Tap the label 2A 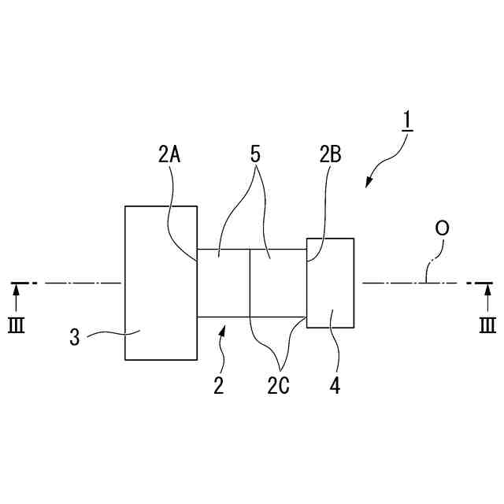click(x=169, y=154)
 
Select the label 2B click(x=330, y=154)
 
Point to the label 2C click(x=277, y=387)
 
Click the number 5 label click(x=255, y=153)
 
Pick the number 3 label click(x=75, y=338)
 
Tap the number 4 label click(x=335, y=386)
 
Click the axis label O click(x=443, y=228)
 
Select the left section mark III click(x=16, y=324)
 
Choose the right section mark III click(x=487, y=324)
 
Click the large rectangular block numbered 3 click(x=161, y=283)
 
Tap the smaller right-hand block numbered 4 click(x=331, y=282)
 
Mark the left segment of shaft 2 click(x=223, y=283)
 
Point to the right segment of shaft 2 click(x=277, y=283)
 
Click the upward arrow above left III click(x=16, y=298)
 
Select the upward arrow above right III click(x=487, y=298)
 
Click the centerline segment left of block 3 click(x=79, y=282)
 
